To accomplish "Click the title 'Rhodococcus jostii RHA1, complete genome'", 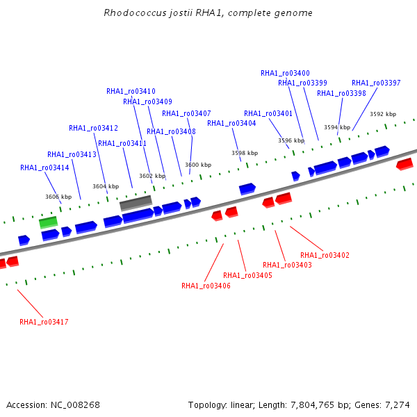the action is tap(208, 13).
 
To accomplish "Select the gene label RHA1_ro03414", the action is tap(44, 167).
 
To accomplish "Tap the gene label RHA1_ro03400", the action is tap(285, 73).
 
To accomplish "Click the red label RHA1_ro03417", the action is tap(44, 322).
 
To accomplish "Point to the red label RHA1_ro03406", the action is tap(206, 286).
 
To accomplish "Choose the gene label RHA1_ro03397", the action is tap(376, 83).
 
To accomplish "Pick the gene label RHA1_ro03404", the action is tap(231, 124).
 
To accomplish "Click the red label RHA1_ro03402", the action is tap(325, 255).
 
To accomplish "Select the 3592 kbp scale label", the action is tap(383, 114).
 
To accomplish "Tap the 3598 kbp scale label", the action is tap(245, 153).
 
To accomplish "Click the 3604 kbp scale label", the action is tap(106, 186).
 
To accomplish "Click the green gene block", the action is tap(48, 222).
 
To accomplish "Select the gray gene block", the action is tap(136, 203).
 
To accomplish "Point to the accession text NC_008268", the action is tap(75, 405).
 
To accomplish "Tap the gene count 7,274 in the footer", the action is tap(398, 405).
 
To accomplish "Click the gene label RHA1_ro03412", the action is tap(93, 128).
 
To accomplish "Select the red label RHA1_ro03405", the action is tap(247, 275).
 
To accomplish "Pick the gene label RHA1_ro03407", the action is tap(186, 113).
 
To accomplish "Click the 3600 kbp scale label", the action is tap(198, 165).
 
